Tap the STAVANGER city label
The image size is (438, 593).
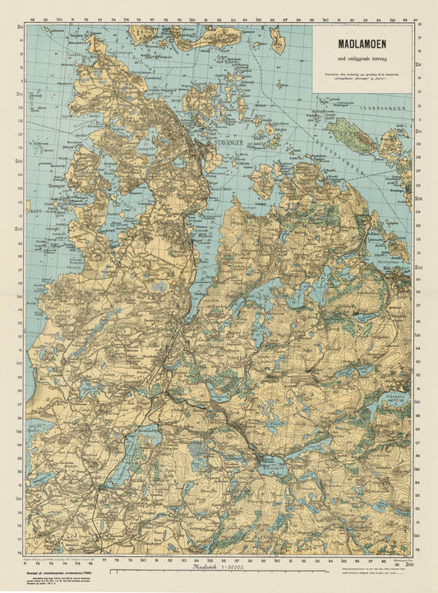click(x=227, y=141)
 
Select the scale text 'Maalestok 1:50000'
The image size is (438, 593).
click(x=217, y=568)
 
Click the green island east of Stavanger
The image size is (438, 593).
click(x=353, y=135)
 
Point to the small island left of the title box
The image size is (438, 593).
click(x=277, y=38)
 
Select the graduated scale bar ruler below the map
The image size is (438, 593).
click(x=219, y=558)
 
